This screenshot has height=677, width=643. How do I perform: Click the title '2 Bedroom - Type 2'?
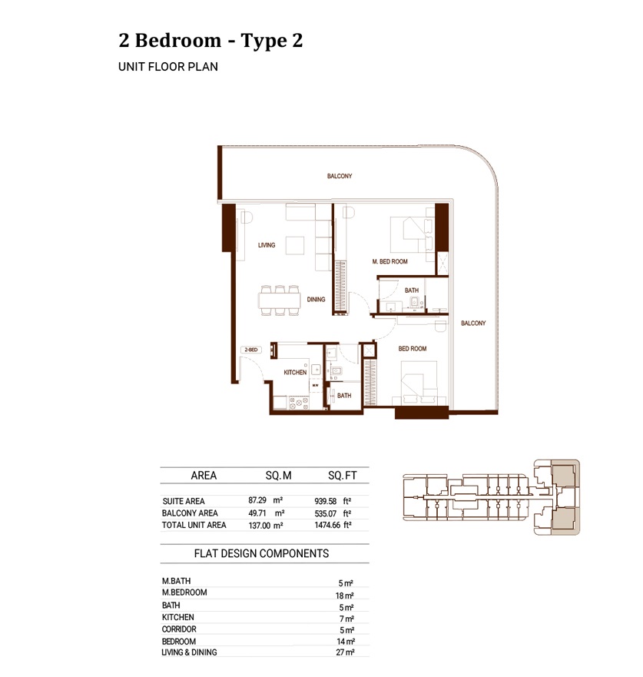coord(210,41)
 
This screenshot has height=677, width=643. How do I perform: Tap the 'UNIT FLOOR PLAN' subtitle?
coord(168,67)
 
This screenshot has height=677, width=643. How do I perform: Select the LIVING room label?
coord(267,246)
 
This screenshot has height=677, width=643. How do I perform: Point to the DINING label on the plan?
coord(316,300)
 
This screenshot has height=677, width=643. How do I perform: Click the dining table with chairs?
coord(279,300)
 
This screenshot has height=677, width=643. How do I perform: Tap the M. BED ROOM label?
coord(389,262)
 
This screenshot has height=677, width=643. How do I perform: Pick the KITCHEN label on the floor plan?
coord(295,373)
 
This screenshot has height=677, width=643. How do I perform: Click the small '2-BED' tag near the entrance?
coord(250,350)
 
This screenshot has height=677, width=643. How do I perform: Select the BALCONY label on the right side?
coord(473,324)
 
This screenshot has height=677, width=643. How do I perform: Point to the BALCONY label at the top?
coord(340,177)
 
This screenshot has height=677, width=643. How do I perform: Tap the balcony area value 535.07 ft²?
coord(333,513)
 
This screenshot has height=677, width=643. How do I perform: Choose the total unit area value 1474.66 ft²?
coord(333,526)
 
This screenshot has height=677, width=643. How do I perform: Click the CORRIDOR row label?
coord(179,629)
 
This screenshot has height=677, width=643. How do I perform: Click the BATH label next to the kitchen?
coord(344,396)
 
